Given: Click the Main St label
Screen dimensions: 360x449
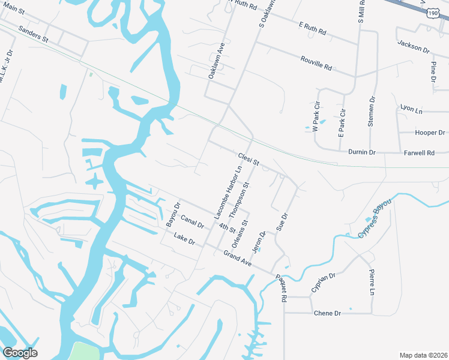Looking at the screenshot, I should pyautogui.click(x=13, y=10).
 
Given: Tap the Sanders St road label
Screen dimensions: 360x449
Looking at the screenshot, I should pyautogui.click(x=33, y=33).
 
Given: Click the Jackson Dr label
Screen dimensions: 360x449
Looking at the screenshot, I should pyautogui.click(x=414, y=46).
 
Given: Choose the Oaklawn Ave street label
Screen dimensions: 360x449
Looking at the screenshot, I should pyautogui.click(x=215, y=61).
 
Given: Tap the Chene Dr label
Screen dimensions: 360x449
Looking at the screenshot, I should pyautogui.click(x=328, y=314).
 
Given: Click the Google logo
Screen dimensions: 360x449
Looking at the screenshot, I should pyautogui.click(x=20, y=352).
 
